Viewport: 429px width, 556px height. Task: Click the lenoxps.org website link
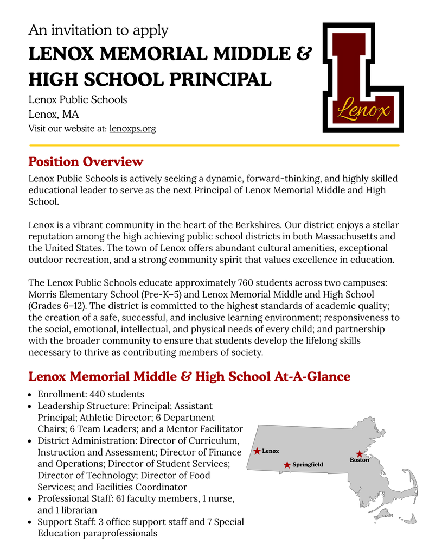point(132,129)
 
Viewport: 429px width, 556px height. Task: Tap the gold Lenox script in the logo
point(363,111)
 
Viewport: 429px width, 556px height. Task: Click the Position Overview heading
point(86,161)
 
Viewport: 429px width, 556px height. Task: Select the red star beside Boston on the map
point(359,454)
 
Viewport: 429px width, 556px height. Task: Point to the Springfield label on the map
point(308,465)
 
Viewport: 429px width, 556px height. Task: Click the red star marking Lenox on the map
point(257,451)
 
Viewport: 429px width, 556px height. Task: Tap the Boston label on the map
point(359,460)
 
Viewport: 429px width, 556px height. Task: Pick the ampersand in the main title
point(305,54)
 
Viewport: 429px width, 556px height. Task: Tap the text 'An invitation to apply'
point(98,30)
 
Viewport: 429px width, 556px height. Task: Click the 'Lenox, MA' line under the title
point(53,114)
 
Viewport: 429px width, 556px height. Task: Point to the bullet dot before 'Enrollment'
point(31,395)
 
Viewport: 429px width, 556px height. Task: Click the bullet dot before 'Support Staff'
point(31,522)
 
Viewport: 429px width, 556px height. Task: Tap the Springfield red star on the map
point(287,465)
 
